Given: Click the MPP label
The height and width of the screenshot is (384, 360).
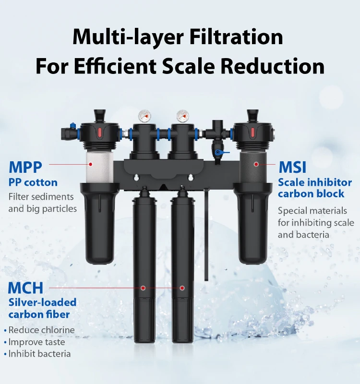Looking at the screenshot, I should coord(25,167).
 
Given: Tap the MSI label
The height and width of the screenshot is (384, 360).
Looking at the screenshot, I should coord(292,168).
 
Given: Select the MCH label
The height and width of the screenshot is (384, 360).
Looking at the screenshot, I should coord(25,288).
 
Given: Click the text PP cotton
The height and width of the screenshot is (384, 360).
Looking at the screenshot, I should coord(33,182).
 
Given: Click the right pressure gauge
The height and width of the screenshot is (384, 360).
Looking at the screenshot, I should coord(182,116).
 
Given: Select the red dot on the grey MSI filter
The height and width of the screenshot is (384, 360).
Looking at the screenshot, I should coord(256,164).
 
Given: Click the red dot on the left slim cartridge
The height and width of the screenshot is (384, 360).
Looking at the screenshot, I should coord(143,288).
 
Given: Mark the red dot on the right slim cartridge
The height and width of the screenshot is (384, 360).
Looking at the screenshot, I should coord(182,288).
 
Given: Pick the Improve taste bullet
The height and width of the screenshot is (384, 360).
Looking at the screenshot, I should coord(36,342).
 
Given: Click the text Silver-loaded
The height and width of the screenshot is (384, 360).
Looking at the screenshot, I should coord(42,302).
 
